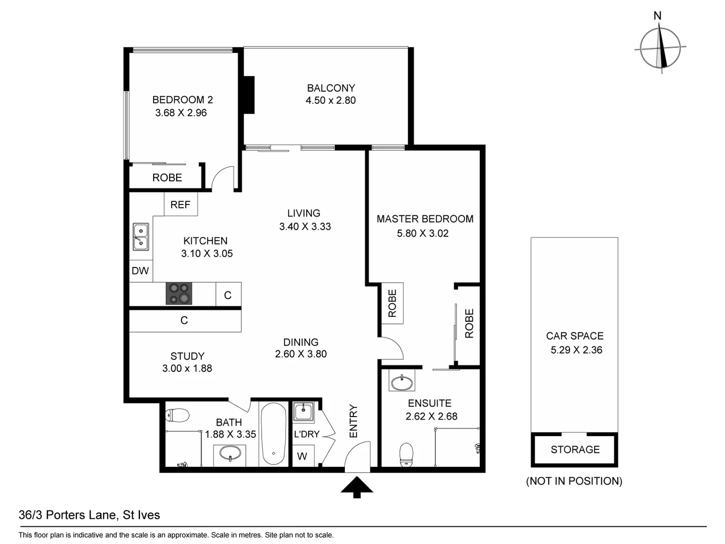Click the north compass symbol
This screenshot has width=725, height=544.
click(x=660, y=48)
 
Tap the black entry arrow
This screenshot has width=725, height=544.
click(x=357, y=487)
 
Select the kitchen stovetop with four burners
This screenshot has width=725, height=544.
click(x=179, y=294)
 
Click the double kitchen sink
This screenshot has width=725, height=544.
click(x=140, y=237)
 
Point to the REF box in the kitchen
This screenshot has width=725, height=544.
click(x=180, y=205)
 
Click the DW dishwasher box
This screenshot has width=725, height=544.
click(x=140, y=271)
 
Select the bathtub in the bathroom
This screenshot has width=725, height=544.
click(x=273, y=434)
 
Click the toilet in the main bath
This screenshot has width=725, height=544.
click(x=177, y=416)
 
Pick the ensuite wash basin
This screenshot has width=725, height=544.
click(x=401, y=382)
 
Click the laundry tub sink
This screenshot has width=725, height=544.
click(x=304, y=411)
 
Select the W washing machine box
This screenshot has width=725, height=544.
click(x=303, y=456)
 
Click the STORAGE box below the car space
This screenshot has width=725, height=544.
click(x=574, y=449)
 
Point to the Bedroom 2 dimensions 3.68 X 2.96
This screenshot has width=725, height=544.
click(x=181, y=113)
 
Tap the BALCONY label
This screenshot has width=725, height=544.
click(x=331, y=88)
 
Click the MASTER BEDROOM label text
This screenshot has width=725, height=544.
click(x=425, y=219)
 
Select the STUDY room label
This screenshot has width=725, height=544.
click(x=187, y=356)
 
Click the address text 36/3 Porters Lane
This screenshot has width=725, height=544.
click(x=89, y=515)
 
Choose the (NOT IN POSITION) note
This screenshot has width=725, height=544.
click(x=574, y=481)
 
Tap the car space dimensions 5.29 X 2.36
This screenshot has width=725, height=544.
click(x=576, y=350)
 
